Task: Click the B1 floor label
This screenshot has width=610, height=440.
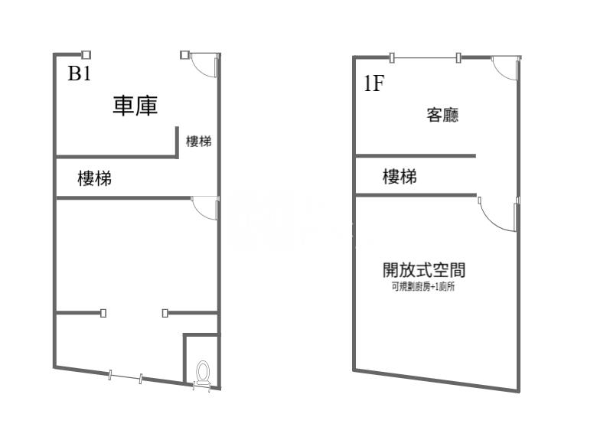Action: click(80, 73)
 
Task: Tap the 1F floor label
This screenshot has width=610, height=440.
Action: click(374, 83)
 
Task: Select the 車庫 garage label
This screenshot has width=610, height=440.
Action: click(135, 106)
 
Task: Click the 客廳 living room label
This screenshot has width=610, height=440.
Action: click(442, 116)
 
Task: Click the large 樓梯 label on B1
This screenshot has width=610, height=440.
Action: click(95, 179)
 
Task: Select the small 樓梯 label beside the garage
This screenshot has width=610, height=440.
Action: click(198, 142)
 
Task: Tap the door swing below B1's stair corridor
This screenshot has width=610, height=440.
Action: click(204, 209)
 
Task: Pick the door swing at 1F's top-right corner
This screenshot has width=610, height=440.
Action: click(505, 69)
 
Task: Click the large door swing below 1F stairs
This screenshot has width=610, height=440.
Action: click(497, 215)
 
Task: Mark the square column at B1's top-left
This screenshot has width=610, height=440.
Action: click(86, 54)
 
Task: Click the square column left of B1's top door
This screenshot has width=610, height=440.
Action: click(184, 54)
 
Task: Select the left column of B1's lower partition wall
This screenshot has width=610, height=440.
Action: click(103, 312)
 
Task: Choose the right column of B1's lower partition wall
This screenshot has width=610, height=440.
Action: click(165, 312)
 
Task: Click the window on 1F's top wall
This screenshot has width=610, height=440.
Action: click(425, 57)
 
